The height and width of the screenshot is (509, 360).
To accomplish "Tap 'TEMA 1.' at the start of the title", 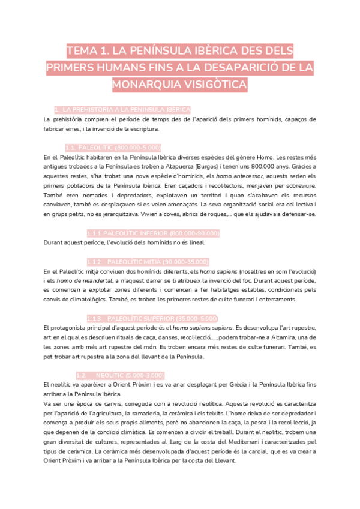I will [x=89, y=50].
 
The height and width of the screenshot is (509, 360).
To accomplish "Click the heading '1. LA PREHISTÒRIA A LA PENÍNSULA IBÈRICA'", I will [x=122, y=110].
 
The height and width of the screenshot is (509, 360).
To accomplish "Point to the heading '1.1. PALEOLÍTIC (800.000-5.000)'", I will [x=113, y=148].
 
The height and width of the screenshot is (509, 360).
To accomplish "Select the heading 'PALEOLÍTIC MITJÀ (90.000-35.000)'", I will [x=157, y=262].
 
